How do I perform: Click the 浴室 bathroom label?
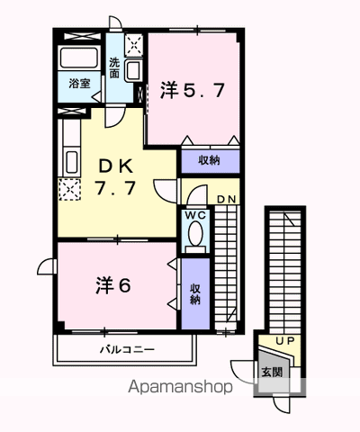click(x=79, y=84)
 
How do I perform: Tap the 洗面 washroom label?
click(x=114, y=67)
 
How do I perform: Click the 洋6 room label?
click(x=114, y=285)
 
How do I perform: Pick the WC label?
click(x=195, y=216)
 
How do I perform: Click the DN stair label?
click(x=227, y=198)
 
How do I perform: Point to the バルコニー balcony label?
click(x=126, y=349)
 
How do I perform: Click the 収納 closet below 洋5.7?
click(x=209, y=160)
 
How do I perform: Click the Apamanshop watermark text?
click(x=180, y=387)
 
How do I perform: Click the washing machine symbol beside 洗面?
click(x=132, y=44)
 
